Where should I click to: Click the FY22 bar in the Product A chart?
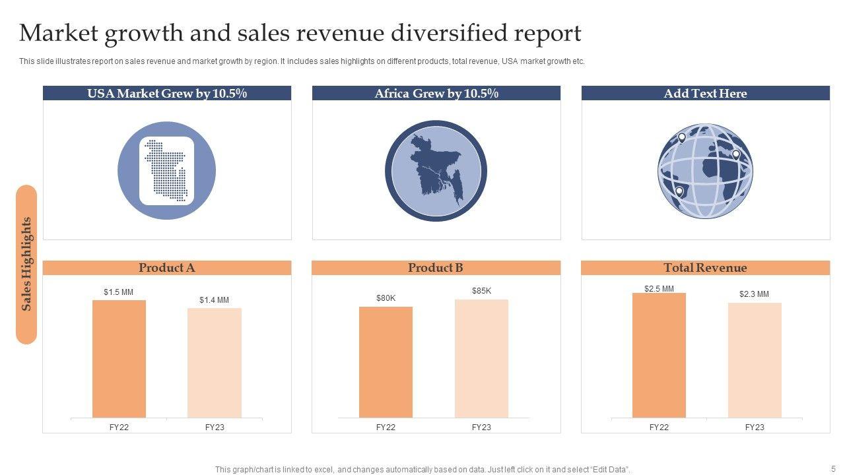(x=119, y=359)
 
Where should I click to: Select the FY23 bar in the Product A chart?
(x=215, y=363)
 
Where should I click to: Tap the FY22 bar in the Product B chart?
(x=386, y=362)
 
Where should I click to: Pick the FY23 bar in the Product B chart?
(x=481, y=359)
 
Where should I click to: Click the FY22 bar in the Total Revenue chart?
(x=659, y=356)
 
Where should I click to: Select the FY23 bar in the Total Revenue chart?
(x=755, y=360)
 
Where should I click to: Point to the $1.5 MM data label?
(x=119, y=292)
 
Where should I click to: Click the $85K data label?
(x=481, y=291)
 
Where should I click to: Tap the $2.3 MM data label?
(x=754, y=294)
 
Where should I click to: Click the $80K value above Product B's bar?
(x=386, y=298)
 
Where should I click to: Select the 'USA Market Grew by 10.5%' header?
(x=167, y=94)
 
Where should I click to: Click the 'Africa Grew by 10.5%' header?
(x=436, y=94)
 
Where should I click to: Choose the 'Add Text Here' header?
(x=705, y=94)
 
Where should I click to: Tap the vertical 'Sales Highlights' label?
(x=26, y=264)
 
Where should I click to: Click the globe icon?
(x=705, y=171)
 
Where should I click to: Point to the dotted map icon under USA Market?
(x=167, y=170)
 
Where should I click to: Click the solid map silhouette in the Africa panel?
(x=436, y=171)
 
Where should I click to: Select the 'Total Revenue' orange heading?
(x=705, y=268)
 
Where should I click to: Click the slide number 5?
(x=833, y=469)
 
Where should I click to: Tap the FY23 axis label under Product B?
(x=481, y=427)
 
